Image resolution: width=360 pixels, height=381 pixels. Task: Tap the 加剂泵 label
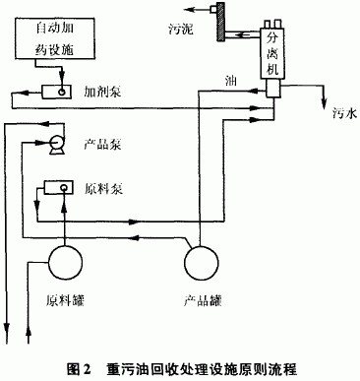coord(101,89)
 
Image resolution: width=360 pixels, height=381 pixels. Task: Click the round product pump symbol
coord(57,145)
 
